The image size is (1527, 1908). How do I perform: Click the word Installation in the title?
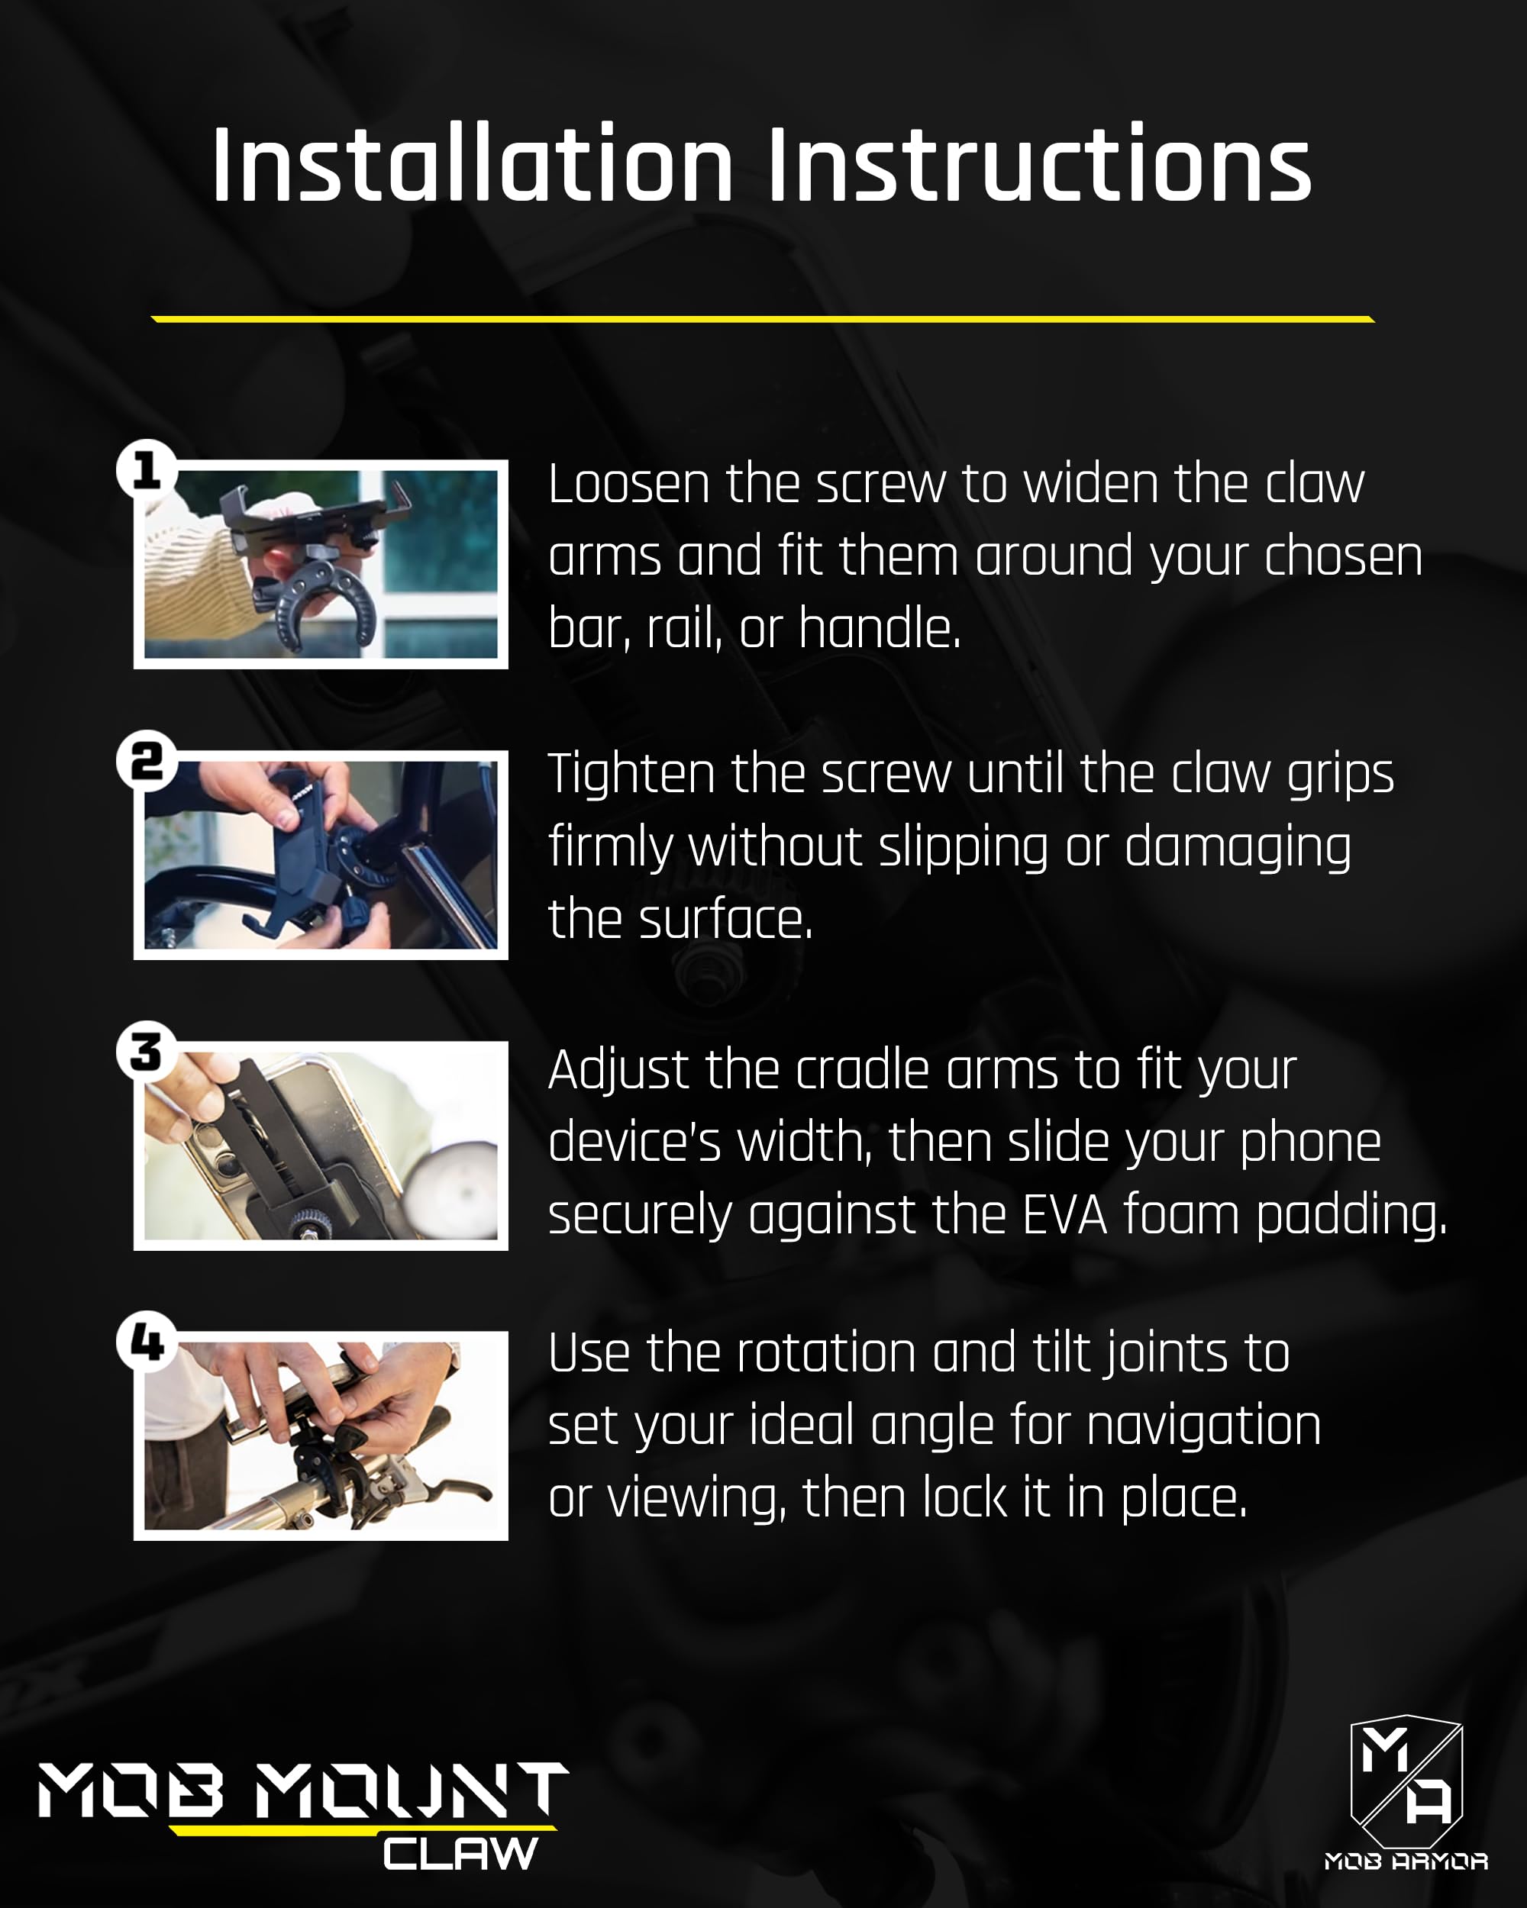tap(473, 166)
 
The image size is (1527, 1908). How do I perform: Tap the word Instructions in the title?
tap(1039, 166)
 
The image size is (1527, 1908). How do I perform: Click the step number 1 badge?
tap(147, 469)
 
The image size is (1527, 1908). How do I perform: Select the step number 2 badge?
tap(147, 760)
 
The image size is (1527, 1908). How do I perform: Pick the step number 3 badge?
tap(147, 1052)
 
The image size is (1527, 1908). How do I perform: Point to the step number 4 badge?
tap(147, 1342)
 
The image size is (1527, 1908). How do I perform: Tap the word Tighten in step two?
tap(631, 775)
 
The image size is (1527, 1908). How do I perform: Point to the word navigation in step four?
tap(1203, 1426)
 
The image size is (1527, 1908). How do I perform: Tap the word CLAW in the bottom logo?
tap(460, 1854)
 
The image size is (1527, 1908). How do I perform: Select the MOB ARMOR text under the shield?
tap(1406, 1861)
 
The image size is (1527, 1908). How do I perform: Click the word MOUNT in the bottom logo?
tap(412, 1790)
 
